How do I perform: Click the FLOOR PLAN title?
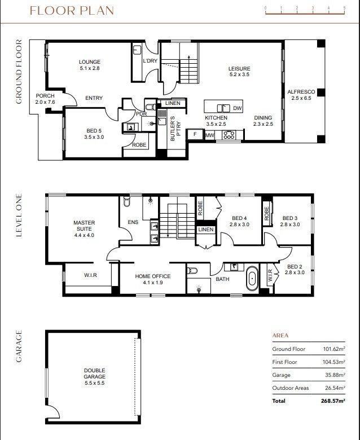(x=72, y=11)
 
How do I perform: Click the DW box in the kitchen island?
(x=237, y=108)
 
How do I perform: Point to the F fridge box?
(x=195, y=135)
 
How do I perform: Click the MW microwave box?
(x=209, y=135)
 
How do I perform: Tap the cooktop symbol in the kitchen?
(x=229, y=135)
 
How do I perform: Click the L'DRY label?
(x=150, y=61)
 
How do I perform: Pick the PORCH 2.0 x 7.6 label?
(x=45, y=99)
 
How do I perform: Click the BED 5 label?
(x=94, y=134)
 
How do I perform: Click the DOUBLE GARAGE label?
(x=95, y=374)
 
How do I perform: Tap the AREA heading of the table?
(x=280, y=335)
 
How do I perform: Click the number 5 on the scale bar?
(x=344, y=8)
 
